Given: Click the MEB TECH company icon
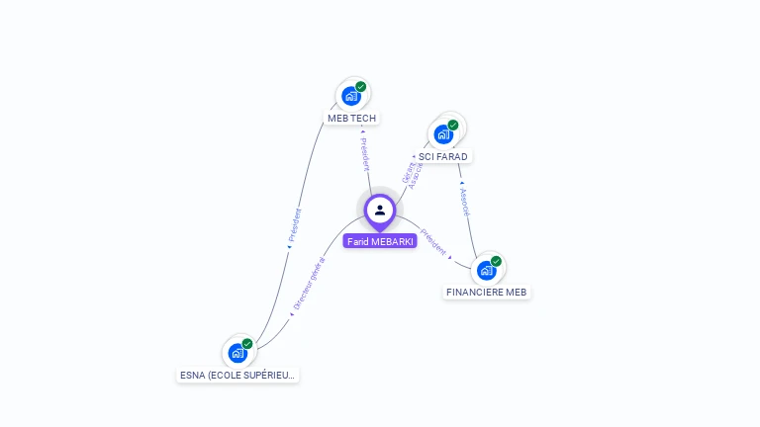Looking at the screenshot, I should (x=350, y=96).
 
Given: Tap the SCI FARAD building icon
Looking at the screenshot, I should (x=443, y=133).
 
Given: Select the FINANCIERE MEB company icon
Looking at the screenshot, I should (x=486, y=270).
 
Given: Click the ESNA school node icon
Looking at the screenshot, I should (x=237, y=352).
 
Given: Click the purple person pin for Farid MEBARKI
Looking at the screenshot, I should (x=380, y=211).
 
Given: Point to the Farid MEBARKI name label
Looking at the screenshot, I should (x=380, y=241).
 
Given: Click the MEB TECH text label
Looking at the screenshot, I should (x=352, y=119).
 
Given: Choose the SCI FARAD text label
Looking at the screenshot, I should (x=442, y=156).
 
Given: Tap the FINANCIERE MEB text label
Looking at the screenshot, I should (x=487, y=293).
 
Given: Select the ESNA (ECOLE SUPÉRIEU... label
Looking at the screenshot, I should (x=237, y=376).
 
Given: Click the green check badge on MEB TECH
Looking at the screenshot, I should (x=361, y=86).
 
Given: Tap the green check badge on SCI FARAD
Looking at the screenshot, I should (x=453, y=125).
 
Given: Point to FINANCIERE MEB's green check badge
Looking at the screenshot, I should (x=496, y=261).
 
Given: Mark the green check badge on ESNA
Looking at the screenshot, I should (x=247, y=343).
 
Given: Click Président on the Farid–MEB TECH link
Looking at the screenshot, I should (x=364, y=153).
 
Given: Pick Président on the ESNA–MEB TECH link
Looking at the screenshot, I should (x=294, y=226).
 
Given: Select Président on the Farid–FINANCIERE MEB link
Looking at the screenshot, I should (x=433, y=243).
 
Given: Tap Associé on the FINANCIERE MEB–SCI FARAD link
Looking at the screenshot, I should (x=465, y=200).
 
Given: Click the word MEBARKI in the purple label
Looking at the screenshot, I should (x=392, y=241).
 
